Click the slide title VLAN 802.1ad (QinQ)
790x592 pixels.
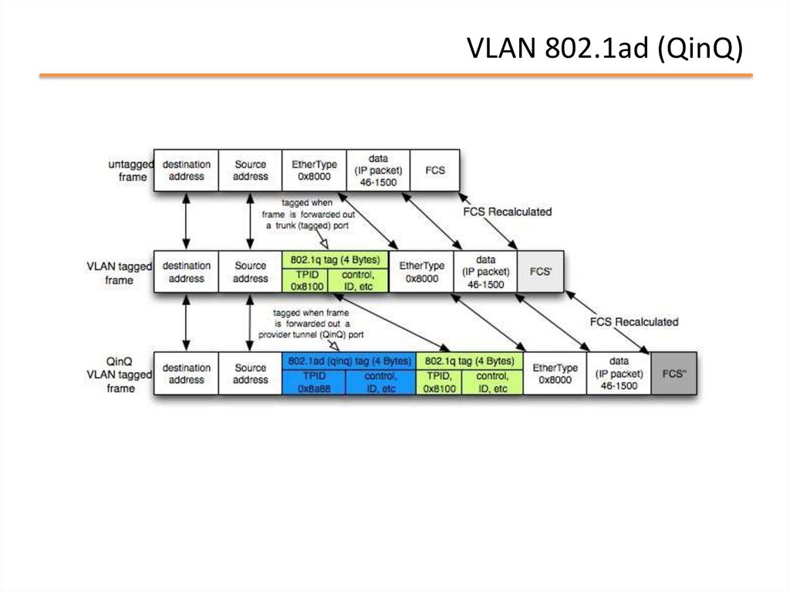[x=606, y=49]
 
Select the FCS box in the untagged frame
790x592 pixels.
[x=435, y=170]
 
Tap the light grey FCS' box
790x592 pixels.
[x=540, y=272]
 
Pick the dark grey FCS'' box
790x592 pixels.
[x=674, y=374]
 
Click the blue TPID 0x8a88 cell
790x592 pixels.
[x=314, y=382]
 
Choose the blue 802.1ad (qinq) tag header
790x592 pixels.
[x=349, y=360]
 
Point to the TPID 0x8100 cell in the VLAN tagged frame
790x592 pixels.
[x=305, y=280]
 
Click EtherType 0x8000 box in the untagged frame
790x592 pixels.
[x=314, y=170]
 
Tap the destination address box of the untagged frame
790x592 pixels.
[x=186, y=170]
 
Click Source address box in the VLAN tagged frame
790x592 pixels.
[x=250, y=272]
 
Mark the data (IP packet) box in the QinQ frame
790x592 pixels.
[x=619, y=374]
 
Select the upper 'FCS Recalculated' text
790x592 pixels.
[x=507, y=211]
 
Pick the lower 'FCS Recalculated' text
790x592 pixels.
[x=633, y=321]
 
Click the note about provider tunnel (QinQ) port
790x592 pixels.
[x=311, y=324]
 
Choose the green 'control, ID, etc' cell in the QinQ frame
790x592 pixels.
[x=492, y=382]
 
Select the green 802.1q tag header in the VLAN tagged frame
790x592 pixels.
[x=335, y=260]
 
